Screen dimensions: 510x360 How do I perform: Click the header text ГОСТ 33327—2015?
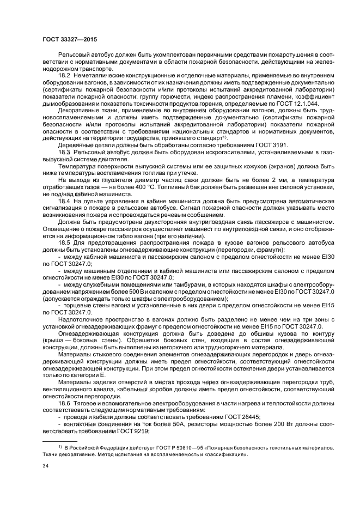point(70,40)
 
